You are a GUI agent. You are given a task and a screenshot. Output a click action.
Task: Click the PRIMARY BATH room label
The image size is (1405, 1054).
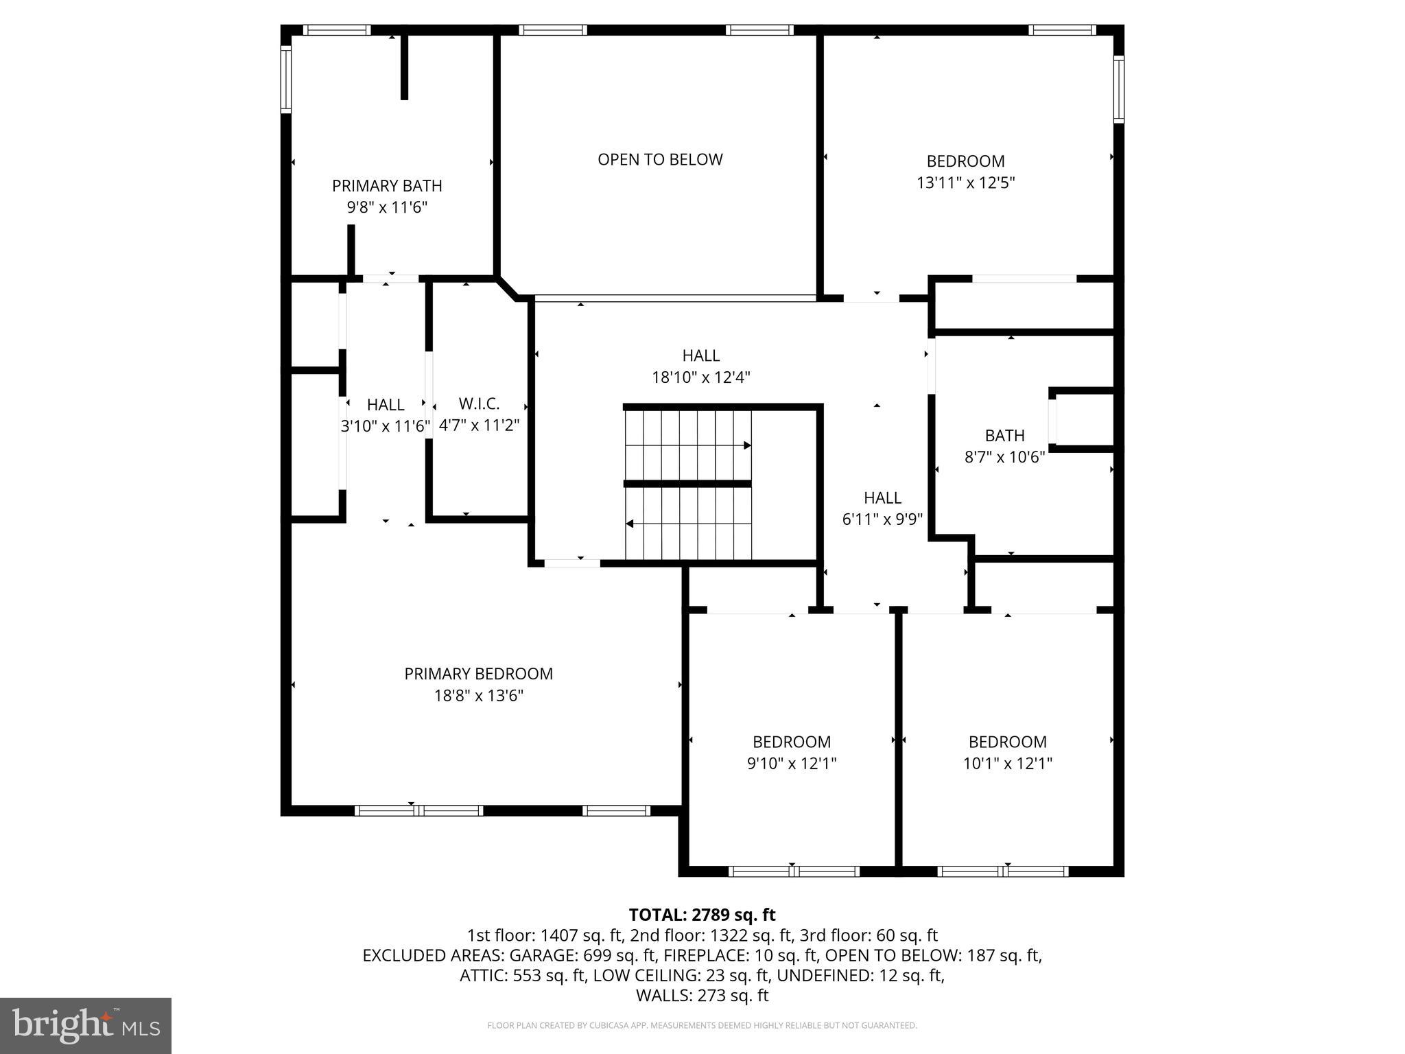coord(387,186)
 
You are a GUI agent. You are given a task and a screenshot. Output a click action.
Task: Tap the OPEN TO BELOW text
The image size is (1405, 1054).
coord(660,159)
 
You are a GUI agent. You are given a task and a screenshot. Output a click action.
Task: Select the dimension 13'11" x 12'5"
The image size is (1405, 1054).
coord(965,183)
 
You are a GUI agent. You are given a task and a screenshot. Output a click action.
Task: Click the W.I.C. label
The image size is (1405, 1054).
coord(479,403)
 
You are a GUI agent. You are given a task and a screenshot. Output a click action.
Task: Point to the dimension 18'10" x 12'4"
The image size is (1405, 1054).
coord(700,377)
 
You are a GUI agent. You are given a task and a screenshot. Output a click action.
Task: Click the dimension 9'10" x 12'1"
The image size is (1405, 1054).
coord(792,763)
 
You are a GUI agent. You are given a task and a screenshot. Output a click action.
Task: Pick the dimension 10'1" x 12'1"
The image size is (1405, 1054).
coord(1007,763)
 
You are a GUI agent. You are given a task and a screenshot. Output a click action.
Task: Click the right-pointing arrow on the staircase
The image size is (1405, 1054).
coord(747,445)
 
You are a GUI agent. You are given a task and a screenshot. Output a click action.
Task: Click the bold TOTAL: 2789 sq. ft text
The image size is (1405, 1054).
coord(702,915)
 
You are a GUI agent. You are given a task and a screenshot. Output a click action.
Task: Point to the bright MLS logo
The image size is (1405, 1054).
coord(86,1025)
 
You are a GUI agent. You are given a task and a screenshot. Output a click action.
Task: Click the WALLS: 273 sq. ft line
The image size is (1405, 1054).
coord(702,995)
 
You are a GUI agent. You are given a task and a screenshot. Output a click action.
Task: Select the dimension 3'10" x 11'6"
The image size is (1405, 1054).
coord(386,426)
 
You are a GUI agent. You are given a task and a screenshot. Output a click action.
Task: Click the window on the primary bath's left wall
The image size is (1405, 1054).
coord(286,79)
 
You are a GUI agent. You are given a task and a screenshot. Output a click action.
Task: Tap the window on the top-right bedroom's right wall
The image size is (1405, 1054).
coord(1118,89)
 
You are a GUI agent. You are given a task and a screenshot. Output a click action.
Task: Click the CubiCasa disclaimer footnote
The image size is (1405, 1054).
coord(702,1025)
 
